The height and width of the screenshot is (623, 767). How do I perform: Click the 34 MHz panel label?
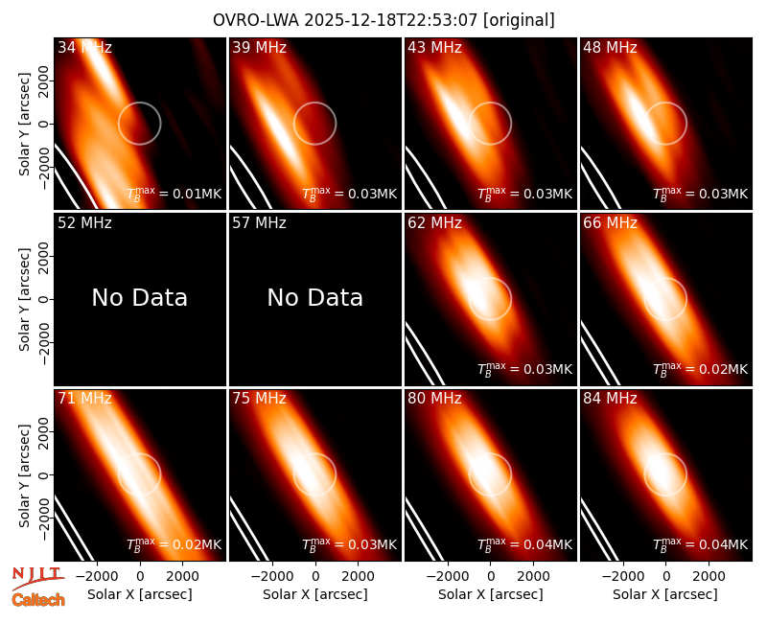pos(84,47)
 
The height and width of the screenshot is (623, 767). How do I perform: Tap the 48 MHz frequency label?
pos(610,47)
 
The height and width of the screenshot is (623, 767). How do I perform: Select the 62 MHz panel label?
pos(434,223)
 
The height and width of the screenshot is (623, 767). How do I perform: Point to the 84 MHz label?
pos(610,399)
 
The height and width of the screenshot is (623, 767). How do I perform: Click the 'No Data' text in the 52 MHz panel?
pos(139,297)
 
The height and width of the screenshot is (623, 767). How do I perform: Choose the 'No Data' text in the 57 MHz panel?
pos(315,297)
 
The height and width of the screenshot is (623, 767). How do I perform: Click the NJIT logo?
pos(37,577)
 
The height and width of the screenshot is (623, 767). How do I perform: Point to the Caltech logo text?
pos(38,600)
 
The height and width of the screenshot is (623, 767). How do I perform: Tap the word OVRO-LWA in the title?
pos(257,20)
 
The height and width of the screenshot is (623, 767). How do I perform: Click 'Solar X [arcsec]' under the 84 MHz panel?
pos(665,594)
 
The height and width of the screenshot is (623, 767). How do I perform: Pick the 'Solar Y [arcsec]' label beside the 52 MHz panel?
pos(24,299)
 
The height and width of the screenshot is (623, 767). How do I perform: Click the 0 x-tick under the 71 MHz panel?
pos(140,576)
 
